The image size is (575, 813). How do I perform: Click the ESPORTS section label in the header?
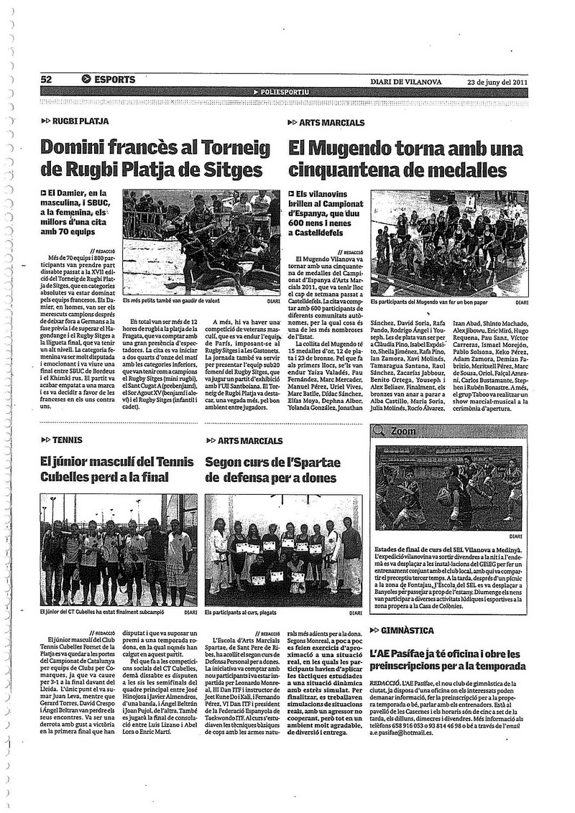click(114, 80)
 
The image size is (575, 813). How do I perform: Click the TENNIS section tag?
click(67, 440)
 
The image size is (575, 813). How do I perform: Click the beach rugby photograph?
click(200, 243)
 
